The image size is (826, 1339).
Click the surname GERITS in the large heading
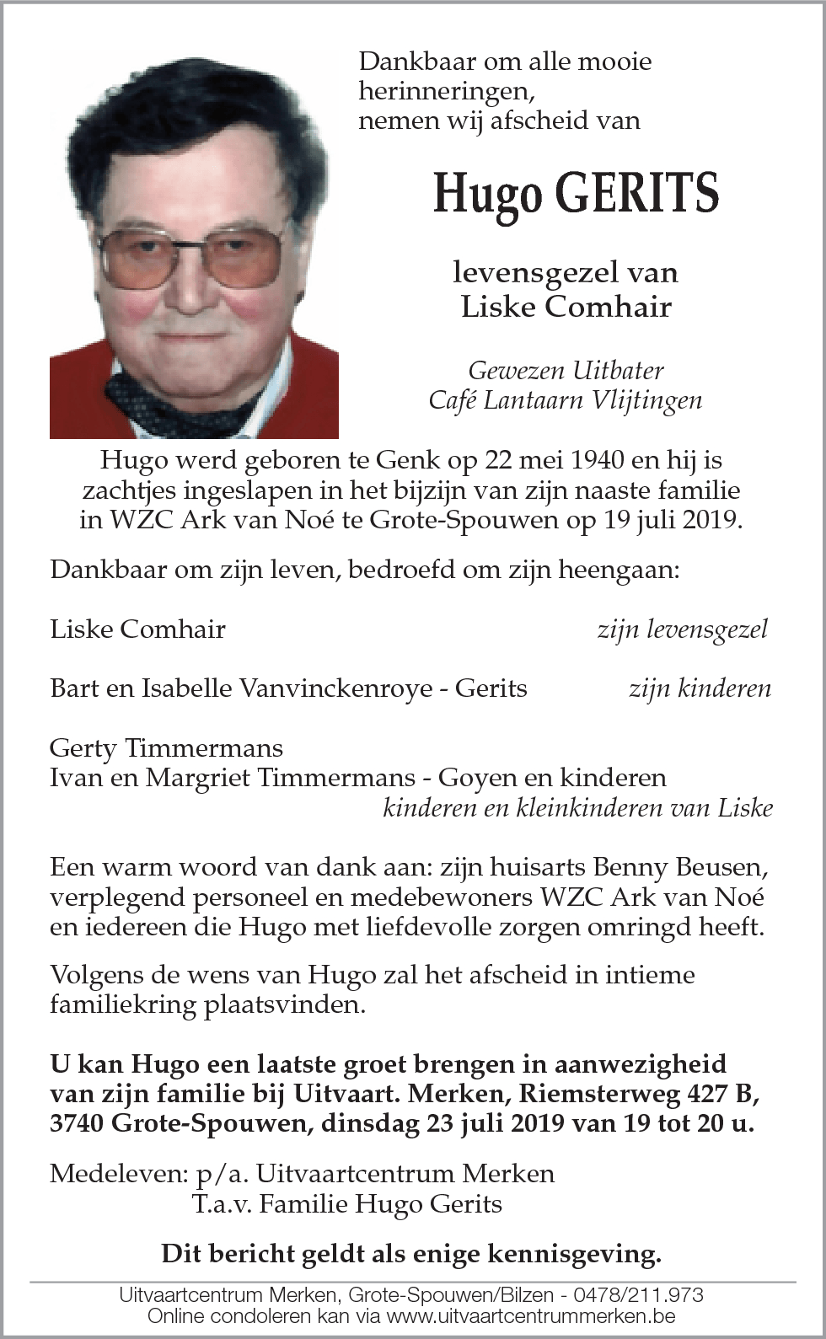click(636, 193)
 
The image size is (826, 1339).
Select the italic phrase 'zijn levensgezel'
click(682, 629)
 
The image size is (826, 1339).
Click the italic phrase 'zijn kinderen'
click(700, 688)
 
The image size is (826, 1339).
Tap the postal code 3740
click(77, 1123)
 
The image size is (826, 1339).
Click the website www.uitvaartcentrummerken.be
click(532, 1316)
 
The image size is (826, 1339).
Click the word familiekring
click(123, 1005)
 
